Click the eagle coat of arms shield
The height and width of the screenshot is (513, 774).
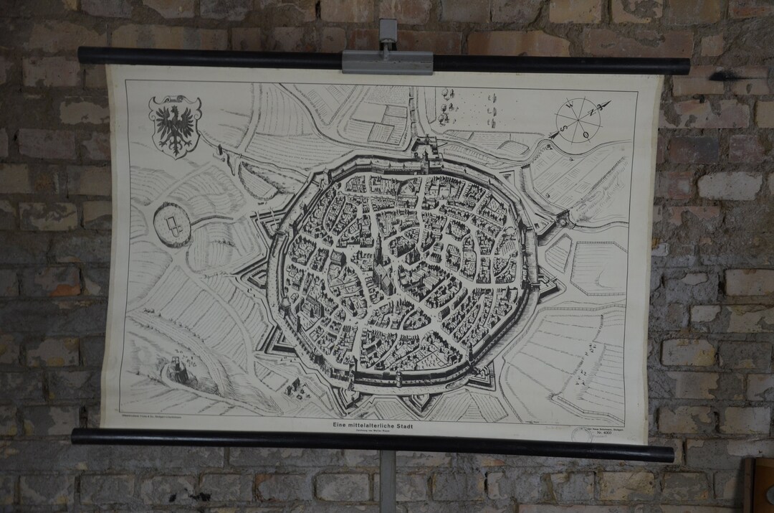coord(174,125)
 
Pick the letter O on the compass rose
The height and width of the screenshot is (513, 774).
coord(586,134)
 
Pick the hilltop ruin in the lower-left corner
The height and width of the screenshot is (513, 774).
coord(173,370)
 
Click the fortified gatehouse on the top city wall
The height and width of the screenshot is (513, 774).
coord(428,150)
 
